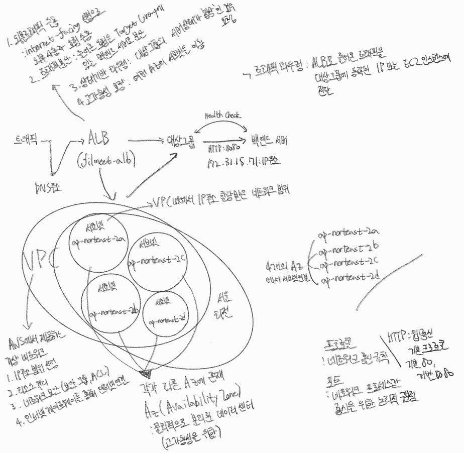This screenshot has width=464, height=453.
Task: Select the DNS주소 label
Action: pyautogui.click(x=48, y=188)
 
